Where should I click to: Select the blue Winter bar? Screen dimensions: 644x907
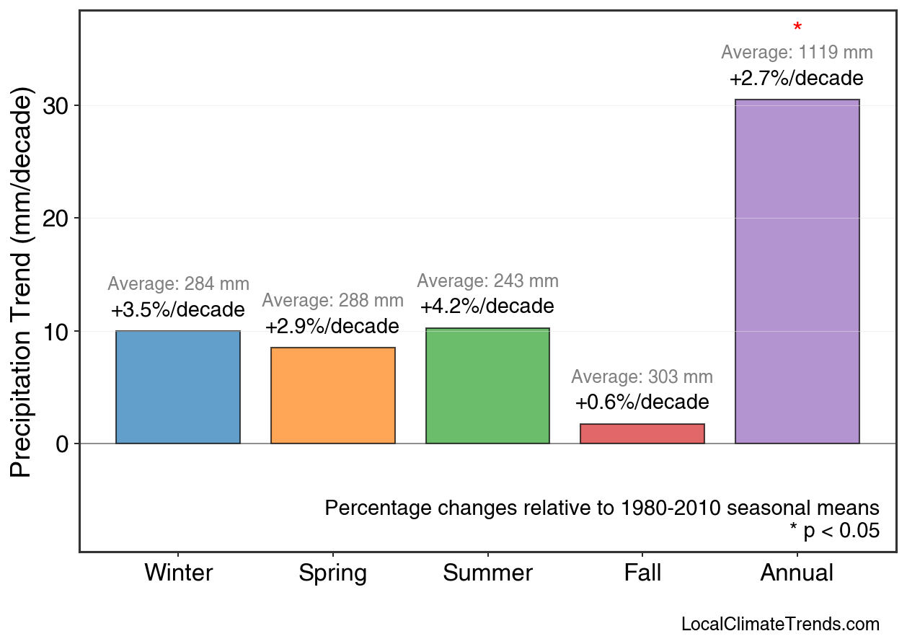tap(178, 387)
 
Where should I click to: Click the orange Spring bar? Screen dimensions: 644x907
tap(333, 395)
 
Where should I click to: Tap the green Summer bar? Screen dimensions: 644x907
tap(487, 386)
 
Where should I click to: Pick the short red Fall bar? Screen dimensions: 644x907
tap(642, 433)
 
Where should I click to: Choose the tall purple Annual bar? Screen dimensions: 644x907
tap(797, 271)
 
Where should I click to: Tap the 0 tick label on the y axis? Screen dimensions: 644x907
tap(63, 444)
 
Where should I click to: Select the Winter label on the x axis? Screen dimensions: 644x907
tap(178, 573)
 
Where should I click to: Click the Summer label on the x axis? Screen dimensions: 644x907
tap(487, 573)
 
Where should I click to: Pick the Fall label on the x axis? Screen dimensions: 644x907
tap(642, 573)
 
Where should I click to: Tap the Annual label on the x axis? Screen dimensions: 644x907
tap(797, 573)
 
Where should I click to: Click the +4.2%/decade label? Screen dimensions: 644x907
tap(487, 306)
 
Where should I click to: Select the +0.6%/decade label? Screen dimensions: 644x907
tap(642, 402)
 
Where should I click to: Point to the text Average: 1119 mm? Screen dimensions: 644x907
tap(797, 53)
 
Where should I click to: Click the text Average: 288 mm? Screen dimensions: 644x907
tap(333, 301)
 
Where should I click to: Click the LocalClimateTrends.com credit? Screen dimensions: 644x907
tap(780, 625)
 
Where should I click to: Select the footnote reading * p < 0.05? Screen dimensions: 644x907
tap(835, 531)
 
